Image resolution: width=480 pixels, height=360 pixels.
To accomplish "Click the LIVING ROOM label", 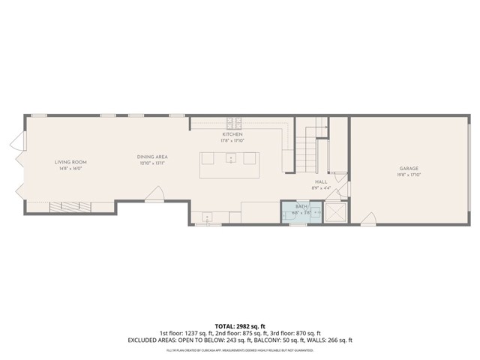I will (x=71, y=162).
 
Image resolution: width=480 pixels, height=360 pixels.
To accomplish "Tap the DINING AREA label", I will (x=151, y=156).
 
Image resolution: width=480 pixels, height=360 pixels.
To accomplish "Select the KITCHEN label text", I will (x=231, y=133).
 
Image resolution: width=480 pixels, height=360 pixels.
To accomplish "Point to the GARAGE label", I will (x=408, y=169).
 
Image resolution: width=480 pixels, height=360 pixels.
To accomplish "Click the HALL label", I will (x=321, y=182).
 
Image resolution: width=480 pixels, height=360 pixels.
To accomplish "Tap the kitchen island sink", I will (x=231, y=159).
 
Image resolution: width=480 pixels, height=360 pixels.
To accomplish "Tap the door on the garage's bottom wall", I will (x=368, y=218).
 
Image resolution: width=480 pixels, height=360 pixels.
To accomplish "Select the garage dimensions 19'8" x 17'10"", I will (x=408, y=175).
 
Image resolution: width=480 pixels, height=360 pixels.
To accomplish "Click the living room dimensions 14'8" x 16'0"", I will (x=71, y=169).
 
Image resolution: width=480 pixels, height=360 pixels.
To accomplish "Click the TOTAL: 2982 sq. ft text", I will (x=240, y=325).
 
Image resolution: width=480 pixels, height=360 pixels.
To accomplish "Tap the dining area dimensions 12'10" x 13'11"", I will (x=151, y=163).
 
